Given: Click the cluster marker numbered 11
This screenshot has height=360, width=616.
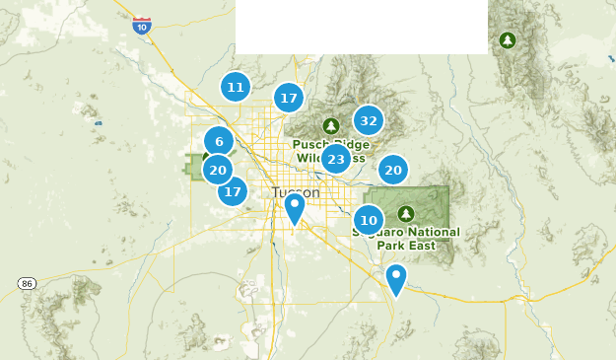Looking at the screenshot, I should point(235,87).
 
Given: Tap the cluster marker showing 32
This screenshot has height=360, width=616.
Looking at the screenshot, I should point(369,121).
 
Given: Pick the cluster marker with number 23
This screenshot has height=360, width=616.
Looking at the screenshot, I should point(336,159).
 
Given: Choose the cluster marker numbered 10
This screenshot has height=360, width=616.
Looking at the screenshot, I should point(369,220).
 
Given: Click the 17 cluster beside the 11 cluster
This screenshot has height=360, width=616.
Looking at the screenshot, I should point(288,98).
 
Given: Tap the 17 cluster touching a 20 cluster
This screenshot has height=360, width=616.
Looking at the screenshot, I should point(233,190).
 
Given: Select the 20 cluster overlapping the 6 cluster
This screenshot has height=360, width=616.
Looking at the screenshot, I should point(217,170).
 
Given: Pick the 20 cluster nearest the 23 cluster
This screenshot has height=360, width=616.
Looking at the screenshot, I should point(393,170).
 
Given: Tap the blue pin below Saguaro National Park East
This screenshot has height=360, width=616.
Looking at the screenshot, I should point(395,279).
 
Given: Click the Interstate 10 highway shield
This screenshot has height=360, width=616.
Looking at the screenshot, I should point(142,26).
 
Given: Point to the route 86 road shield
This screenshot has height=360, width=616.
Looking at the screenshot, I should point(27,283).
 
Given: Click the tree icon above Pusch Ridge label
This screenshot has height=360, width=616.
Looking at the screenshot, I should point(331,125).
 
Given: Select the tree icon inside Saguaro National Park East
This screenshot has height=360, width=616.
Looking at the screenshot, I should point(406,213).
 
